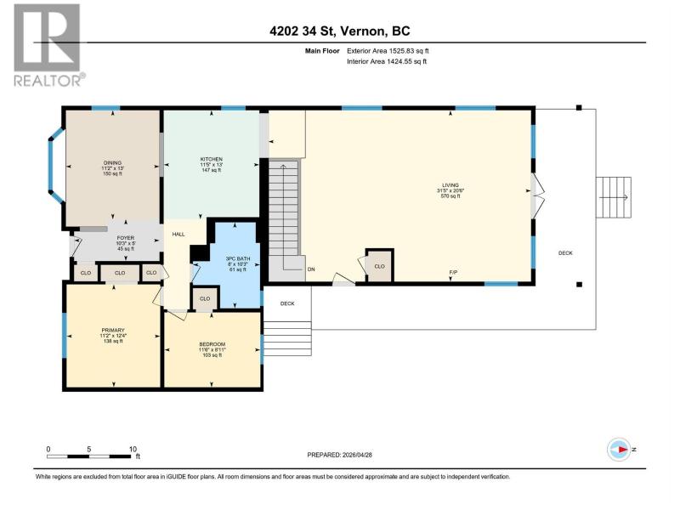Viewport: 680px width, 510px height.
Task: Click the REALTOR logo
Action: [48, 46]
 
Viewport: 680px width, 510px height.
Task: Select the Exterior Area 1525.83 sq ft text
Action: [388, 51]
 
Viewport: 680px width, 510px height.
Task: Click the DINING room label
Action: [112, 163]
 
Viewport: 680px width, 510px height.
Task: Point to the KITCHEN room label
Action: [211, 159]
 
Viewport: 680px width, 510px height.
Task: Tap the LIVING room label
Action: [450, 185]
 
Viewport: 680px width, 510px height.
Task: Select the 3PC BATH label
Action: [238, 259]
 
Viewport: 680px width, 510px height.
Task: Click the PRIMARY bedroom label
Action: [113, 330]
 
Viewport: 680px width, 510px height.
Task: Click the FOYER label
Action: [125, 238]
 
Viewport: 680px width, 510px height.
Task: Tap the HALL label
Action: [178, 235]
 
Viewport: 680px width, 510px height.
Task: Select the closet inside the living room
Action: [379, 266]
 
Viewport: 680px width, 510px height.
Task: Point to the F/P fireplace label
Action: [453, 272]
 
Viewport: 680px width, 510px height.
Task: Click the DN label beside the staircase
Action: [311, 269]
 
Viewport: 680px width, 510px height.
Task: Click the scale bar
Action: [89, 456]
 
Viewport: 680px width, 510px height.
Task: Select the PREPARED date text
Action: [339, 455]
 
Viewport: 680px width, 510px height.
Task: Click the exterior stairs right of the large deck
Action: [613, 197]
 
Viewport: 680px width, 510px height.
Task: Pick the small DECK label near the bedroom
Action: [287, 303]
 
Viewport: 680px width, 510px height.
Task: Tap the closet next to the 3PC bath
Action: [205, 298]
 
